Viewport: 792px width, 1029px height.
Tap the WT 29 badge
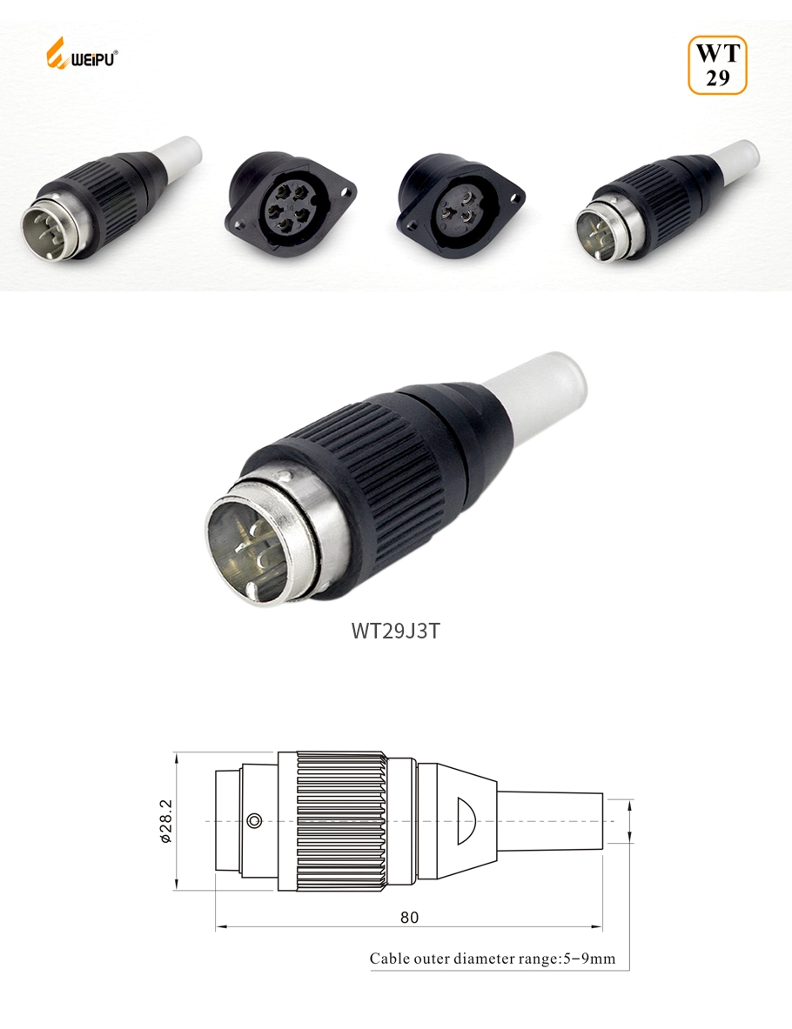[x=717, y=64]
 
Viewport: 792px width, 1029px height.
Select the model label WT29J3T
[x=395, y=630]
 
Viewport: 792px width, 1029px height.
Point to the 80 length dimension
[x=408, y=917]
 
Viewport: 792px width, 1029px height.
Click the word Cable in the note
[x=388, y=959]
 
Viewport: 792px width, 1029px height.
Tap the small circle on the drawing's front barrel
[x=254, y=820]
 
